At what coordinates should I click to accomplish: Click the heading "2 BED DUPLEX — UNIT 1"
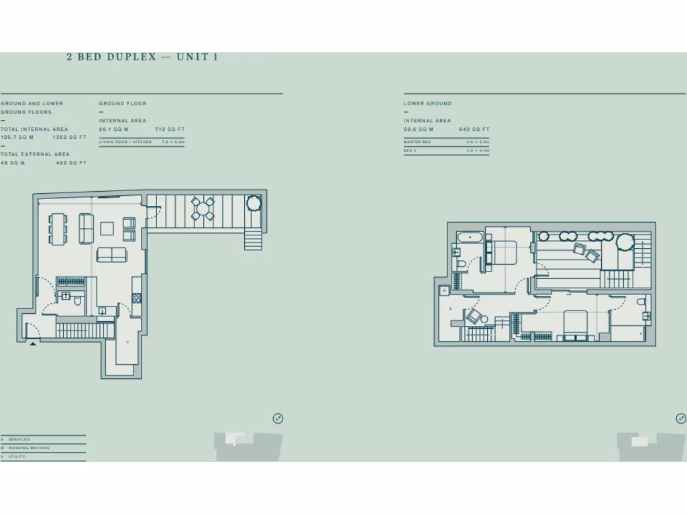142,57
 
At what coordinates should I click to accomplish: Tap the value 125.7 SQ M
17,137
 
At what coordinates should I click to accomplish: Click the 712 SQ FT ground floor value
170,129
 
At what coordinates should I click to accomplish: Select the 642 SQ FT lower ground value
474,129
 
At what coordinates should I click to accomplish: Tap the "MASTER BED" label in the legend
417,142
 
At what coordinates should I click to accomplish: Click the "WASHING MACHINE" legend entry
30,448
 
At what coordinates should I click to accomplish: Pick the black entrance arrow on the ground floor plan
32,343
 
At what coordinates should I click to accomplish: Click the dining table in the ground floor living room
58,229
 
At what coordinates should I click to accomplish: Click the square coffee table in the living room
107,229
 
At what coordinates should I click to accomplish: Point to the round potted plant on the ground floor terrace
254,203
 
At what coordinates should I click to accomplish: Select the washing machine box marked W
444,291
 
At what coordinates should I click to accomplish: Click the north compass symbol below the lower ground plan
680,418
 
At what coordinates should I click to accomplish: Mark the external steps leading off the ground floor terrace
254,239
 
